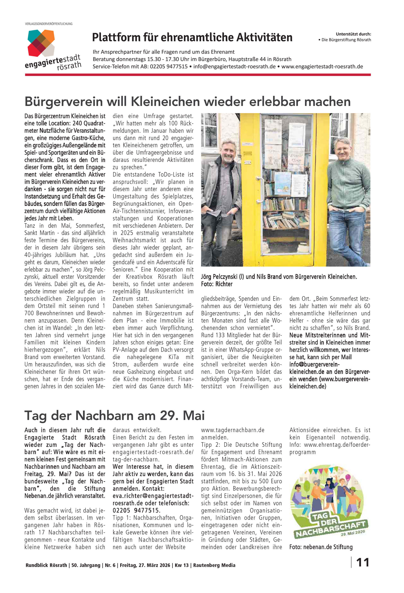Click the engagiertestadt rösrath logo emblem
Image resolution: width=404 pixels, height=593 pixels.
(41, 43)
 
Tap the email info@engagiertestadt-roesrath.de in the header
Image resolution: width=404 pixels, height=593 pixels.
(234, 67)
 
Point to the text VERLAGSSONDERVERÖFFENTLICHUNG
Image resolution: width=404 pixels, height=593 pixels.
(49, 24)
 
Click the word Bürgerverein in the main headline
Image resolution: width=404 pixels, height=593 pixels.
(64, 102)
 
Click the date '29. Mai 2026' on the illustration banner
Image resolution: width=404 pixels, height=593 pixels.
(353, 533)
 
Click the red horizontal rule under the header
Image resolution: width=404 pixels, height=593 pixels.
(198, 75)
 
